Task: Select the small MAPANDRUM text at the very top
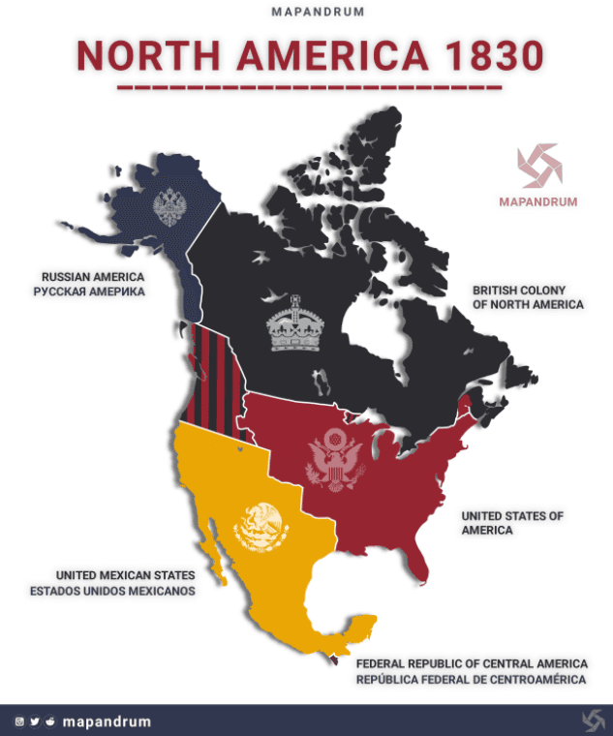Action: (x=306, y=14)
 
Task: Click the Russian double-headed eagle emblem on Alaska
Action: (x=169, y=205)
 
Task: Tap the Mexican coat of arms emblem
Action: (x=261, y=529)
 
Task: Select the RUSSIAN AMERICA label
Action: (x=93, y=277)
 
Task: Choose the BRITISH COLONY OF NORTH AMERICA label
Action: (x=528, y=297)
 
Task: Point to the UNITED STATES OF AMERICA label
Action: (x=512, y=523)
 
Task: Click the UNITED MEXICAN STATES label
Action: (x=126, y=575)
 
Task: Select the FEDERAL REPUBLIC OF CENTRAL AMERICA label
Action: (x=472, y=664)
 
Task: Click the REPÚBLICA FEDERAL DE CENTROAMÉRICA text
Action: (x=471, y=680)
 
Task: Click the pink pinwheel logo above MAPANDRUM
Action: (x=537, y=167)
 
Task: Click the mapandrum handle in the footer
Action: (x=107, y=721)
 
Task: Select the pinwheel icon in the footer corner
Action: (x=594, y=721)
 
